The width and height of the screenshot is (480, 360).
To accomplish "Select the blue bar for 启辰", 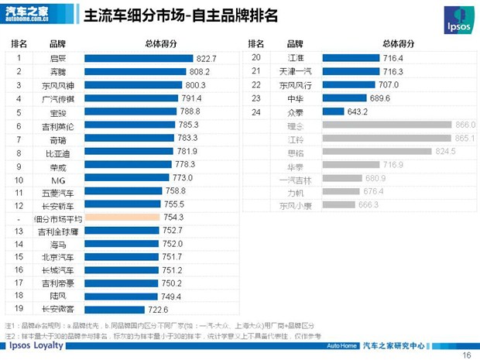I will pos(139,58).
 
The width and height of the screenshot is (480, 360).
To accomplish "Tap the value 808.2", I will pos(201,71).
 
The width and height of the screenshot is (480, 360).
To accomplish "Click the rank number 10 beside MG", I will pos(19,178).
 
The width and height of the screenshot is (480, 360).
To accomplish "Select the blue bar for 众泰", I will pos(334,111).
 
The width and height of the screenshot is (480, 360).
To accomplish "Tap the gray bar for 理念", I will pos(387,125).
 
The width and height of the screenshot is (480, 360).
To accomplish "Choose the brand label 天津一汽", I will pos(295,72).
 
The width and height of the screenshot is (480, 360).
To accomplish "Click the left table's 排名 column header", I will pos(19,43).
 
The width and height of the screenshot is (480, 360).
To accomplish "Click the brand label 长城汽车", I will pos(58,270).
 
